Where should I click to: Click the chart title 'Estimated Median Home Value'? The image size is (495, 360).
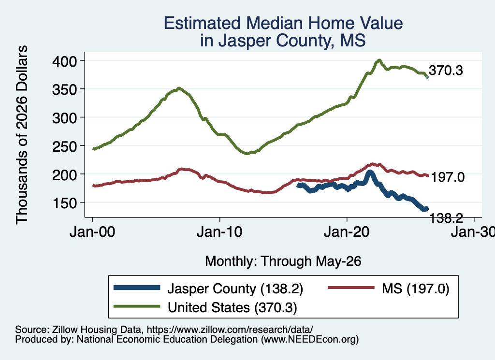(x=283, y=23)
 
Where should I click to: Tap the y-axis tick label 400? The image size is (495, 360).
(x=64, y=61)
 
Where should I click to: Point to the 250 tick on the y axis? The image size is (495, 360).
(x=64, y=146)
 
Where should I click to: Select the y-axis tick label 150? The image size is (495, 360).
(x=64, y=203)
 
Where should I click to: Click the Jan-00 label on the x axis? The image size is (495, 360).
(x=92, y=232)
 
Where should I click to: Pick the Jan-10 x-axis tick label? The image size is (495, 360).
(x=219, y=232)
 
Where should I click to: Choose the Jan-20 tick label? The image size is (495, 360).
(x=347, y=232)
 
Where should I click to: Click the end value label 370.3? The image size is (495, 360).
(x=446, y=71)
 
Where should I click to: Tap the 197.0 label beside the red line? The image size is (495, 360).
(x=448, y=177)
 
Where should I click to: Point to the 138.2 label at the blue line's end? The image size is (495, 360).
(x=446, y=218)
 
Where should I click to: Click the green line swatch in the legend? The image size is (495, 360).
(x=137, y=306)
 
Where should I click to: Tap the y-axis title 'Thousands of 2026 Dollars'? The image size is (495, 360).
(x=22, y=135)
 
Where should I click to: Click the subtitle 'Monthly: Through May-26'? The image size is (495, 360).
(x=283, y=261)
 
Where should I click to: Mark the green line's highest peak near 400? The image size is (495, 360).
(x=379, y=60)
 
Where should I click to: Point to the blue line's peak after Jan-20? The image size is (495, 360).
(x=370, y=173)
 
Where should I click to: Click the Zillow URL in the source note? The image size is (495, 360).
(x=230, y=330)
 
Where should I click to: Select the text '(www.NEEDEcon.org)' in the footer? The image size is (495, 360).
(x=310, y=339)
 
